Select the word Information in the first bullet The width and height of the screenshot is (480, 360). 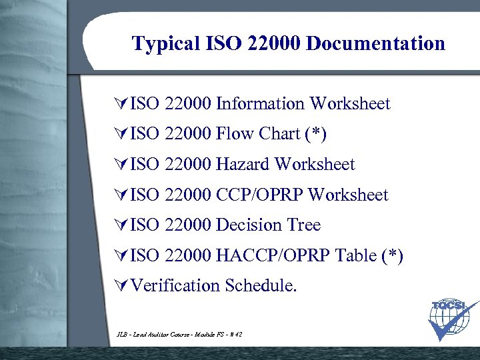(x=260, y=103)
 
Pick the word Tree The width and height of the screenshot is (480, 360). (x=304, y=225)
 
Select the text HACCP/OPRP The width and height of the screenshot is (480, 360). (x=273, y=255)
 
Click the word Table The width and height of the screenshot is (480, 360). (x=355, y=255)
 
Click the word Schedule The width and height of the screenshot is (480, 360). (x=261, y=286)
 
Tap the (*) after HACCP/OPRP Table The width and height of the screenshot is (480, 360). (x=391, y=255)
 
